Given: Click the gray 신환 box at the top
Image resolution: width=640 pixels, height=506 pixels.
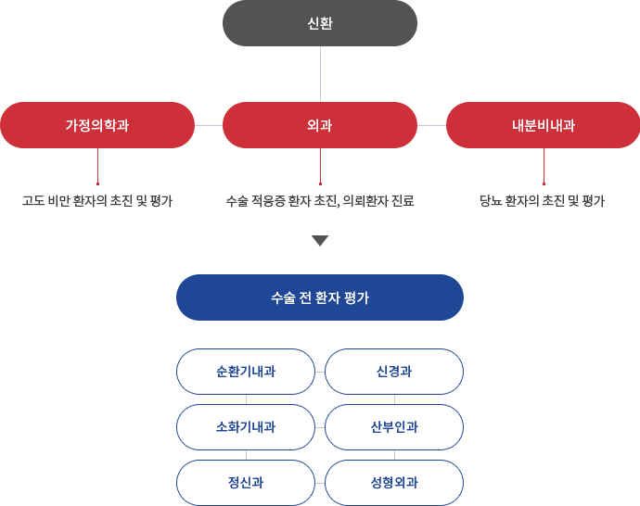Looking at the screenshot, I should coord(319,23).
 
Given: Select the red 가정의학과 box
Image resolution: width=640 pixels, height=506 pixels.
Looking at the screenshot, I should coord(97,124).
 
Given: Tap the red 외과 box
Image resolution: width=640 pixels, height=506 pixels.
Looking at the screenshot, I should coord(319,124).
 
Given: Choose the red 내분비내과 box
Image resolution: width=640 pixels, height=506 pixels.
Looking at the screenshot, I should coord(543,124).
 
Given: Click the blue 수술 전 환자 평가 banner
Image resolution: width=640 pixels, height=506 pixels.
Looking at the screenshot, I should coord(319,297).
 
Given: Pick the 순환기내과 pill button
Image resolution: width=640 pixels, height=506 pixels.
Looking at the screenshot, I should coord(246,372).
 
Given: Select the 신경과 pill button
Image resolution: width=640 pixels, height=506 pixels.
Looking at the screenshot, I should coord(394,372).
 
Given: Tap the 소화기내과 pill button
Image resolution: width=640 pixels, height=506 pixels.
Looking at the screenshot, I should coord(246,427).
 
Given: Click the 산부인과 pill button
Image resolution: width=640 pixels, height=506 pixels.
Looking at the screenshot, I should coord(394,427).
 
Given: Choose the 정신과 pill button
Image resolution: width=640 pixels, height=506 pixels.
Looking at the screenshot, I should coord(246,483).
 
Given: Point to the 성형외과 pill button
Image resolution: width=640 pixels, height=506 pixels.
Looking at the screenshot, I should coord(394,483).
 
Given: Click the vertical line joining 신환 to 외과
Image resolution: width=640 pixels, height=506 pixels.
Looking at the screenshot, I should coord(320,73).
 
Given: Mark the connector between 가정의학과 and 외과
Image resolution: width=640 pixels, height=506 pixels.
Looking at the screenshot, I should coord(208,124).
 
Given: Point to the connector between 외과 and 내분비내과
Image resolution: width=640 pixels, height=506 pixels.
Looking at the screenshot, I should coord(431,124).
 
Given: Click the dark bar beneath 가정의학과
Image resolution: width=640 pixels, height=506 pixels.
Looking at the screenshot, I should coord(97,201).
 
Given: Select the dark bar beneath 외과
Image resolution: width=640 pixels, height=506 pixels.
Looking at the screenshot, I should coord(320,201).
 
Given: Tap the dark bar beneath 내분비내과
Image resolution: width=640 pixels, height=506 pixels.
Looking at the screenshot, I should coord(543,201).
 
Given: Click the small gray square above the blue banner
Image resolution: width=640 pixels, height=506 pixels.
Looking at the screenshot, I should coord(320,241).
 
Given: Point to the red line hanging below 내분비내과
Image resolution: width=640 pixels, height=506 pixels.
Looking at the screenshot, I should coord(544,167).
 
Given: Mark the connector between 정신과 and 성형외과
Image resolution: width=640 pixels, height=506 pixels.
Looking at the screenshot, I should coord(320,483).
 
